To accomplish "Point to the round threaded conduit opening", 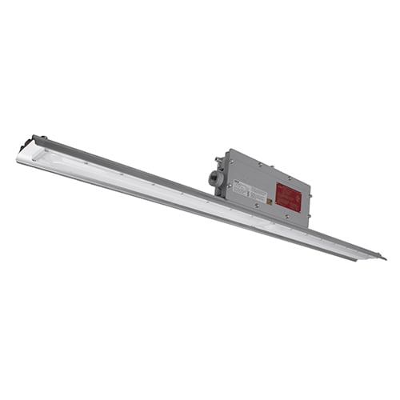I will tap(215, 179).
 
